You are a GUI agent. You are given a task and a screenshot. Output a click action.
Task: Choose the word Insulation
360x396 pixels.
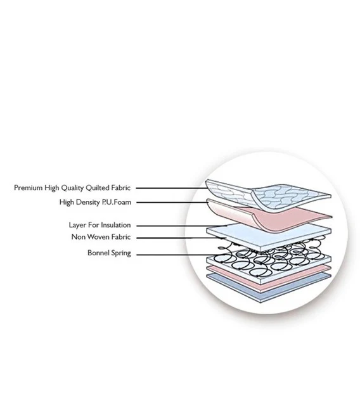[x=115, y=225]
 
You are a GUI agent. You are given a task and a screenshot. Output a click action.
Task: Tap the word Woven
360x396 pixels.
[x=100, y=237]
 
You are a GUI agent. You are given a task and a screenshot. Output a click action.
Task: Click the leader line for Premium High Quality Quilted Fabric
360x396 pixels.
[x=172, y=188]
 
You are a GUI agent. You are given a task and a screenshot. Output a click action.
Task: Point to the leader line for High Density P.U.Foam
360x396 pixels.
[x=172, y=202]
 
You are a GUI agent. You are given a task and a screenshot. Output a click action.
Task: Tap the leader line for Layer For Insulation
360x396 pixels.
[x=182, y=226]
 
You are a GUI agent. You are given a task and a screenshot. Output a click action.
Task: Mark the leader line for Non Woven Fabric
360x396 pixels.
[x=181, y=238]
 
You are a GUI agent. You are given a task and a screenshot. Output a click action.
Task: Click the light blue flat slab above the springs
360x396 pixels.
[x=269, y=236]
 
